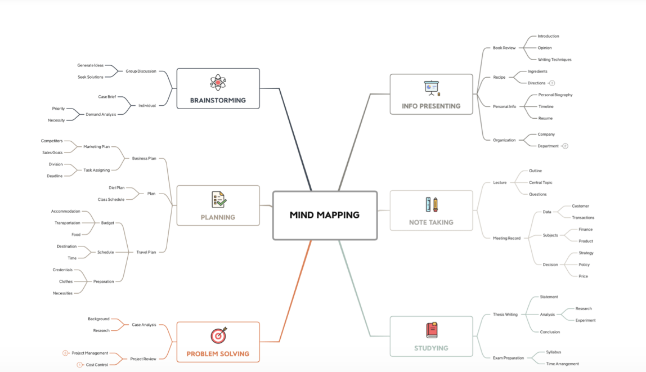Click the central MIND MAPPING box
325,215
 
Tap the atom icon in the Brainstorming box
218,83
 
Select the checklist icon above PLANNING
219,200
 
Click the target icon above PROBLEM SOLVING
218,335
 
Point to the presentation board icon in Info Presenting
432,88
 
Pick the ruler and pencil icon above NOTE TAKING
432,205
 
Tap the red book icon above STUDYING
432,330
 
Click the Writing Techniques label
554,60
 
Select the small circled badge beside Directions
552,83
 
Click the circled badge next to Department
566,146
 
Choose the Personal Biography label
555,95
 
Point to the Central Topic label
540,182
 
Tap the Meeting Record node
506,238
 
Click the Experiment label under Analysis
585,320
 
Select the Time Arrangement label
562,364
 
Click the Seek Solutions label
91,77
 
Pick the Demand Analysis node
101,114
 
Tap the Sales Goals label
52,153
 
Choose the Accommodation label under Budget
65,212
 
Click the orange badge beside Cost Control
79,365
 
